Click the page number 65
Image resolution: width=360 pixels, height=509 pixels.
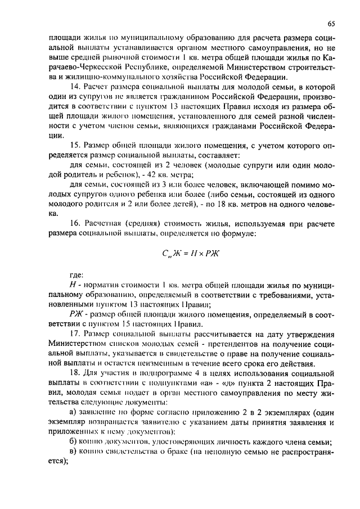click(331, 24)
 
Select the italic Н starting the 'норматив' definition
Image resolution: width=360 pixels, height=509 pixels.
click(73, 286)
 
